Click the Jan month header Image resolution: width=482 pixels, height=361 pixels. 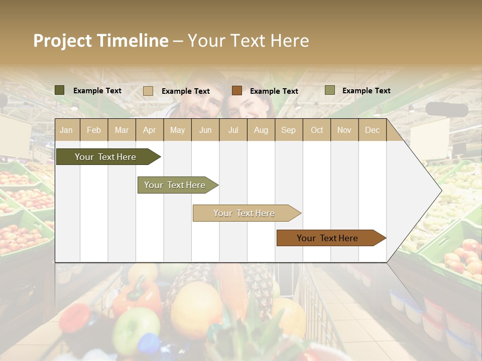click(x=66, y=130)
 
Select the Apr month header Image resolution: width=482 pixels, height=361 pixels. click(x=149, y=130)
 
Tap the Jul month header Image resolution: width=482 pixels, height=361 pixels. click(x=233, y=130)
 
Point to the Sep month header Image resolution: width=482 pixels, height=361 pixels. click(x=288, y=130)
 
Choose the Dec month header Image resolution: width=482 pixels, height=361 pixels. click(x=372, y=130)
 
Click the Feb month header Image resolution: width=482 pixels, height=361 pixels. click(x=94, y=130)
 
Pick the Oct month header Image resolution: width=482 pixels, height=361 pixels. click(x=317, y=130)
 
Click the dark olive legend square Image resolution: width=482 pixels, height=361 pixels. click(x=60, y=90)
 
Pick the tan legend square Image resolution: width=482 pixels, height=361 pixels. click(x=148, y=91)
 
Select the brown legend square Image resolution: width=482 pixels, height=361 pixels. click(x=237, y=91)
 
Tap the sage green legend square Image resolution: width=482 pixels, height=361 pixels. click(x=329, y=90)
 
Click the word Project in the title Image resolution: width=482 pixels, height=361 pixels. click(x=62, y=41)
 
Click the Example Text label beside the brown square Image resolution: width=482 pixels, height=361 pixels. click(x=274, y=91)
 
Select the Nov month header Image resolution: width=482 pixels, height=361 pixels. click(x=344, y=130)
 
